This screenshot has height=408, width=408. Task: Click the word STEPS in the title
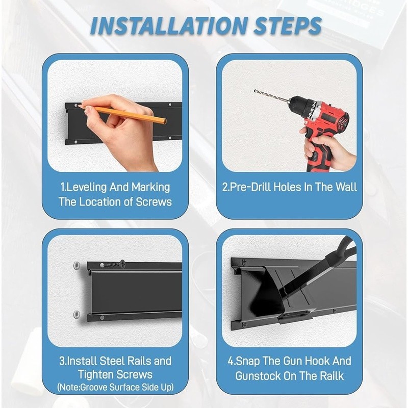click(287, 26)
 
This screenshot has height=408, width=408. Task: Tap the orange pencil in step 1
click(122, 113)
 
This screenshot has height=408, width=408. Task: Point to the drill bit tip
click(255, 91)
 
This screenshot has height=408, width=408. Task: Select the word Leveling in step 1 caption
click(83, 187)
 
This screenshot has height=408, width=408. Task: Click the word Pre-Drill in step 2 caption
click(249, 187)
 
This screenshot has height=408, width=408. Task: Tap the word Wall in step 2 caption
click(346, 187)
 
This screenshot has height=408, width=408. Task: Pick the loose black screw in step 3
click(113, 264)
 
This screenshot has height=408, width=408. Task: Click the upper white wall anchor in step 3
click(76, 265)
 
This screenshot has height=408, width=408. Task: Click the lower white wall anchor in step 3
click(76, 314)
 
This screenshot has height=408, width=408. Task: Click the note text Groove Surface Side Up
click(126, 388)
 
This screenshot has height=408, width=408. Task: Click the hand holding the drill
click(328, 149)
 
